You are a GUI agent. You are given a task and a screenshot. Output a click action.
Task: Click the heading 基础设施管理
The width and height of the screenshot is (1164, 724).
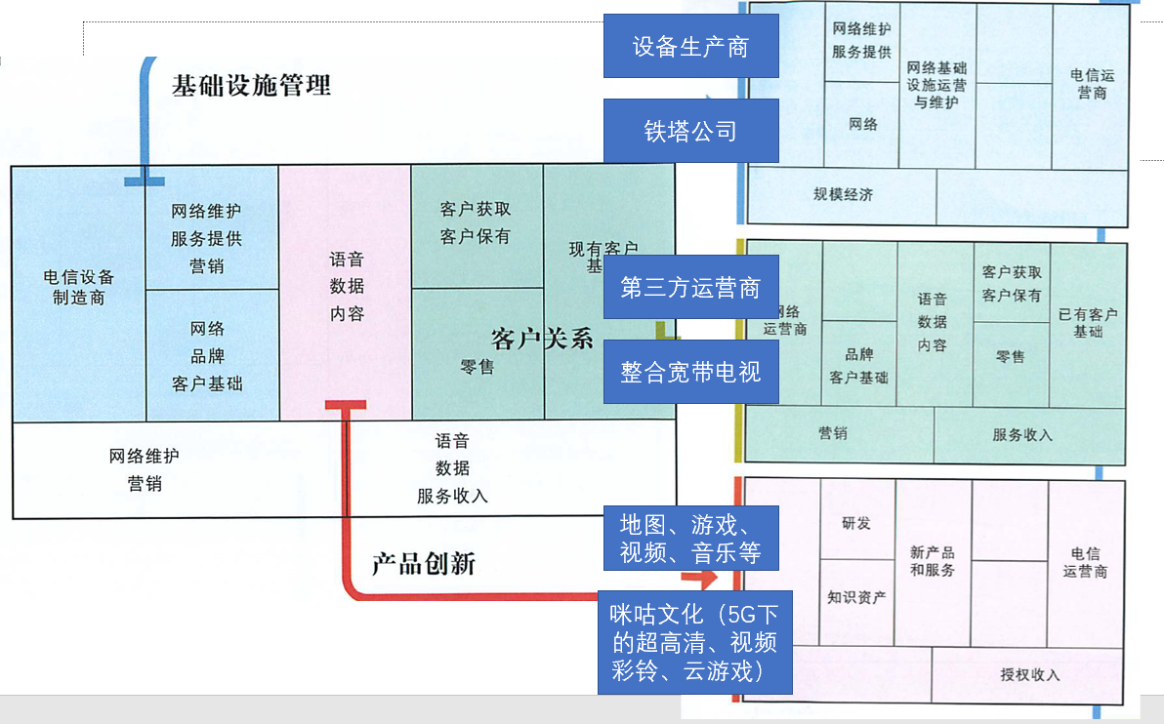click(x=251, y=86)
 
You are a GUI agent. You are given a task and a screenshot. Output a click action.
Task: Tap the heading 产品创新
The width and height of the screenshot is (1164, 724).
click(x=423, y=564)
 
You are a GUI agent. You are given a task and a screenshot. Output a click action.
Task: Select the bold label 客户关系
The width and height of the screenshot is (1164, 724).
click(x=542, y=340)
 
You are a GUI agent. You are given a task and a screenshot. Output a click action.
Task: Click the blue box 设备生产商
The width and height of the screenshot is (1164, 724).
click(x=690, y=46)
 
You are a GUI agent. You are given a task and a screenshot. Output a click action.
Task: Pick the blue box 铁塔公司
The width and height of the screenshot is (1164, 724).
click(x=690, y=131)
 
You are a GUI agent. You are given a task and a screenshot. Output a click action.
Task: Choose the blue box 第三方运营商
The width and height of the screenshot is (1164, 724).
click(x=690, y=288)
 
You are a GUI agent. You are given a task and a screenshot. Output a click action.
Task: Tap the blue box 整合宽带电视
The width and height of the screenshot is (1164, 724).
click(x=690, y=372)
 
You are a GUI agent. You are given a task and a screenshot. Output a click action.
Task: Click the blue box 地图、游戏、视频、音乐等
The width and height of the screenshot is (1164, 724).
click(x=690, y=538)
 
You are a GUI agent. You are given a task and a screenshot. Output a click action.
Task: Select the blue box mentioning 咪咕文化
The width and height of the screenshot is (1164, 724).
click(x=694, y=643)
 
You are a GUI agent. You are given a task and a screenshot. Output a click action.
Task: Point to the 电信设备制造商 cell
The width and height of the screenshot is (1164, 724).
click(x=78, y=288)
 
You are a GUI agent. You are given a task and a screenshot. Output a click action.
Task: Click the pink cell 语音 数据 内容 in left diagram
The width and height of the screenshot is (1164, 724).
click(x=346, y=288)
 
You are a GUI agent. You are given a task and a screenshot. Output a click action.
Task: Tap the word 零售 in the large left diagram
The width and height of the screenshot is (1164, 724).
click(x=477, y=367)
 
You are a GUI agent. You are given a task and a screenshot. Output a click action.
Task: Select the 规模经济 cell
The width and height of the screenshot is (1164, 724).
click(x=843, y=194)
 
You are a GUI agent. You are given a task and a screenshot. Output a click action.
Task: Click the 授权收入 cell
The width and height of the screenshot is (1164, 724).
click(x=1029, y=674)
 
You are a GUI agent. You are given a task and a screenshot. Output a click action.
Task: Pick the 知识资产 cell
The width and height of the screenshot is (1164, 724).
click(x=856, y=597)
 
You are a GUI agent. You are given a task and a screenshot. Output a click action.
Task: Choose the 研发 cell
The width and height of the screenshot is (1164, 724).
click(x=856, y=523)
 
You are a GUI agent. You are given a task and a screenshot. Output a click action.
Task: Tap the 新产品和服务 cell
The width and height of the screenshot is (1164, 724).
click(x=932, y=562)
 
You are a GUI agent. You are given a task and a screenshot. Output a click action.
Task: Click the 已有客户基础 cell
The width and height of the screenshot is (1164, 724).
click(x=1088, y=323)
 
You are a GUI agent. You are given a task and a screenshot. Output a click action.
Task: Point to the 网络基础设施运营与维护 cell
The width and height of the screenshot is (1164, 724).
click(x=936, y=85)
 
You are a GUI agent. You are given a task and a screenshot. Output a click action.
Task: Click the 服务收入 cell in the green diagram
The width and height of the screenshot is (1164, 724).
click(x=1021, y=435)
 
